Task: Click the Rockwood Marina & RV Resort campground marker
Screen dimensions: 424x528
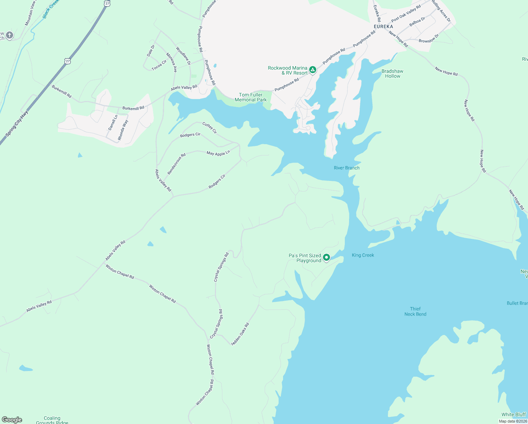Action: point(313,70)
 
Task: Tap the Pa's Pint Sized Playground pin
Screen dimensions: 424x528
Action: point(326,258)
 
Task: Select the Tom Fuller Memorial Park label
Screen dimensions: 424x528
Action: point(251,97)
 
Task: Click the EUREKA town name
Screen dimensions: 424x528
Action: point(383,26)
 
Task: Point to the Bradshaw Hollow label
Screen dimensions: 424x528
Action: point(392,73)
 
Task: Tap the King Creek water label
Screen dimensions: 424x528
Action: point(363,255)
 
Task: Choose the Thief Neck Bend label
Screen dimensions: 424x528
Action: point(415,311)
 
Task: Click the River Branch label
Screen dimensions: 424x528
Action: point(347,168)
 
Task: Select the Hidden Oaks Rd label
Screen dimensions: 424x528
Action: point(240,334)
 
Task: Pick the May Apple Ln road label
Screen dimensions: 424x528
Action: point(218,153)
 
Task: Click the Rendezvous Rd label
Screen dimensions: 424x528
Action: point(176,164)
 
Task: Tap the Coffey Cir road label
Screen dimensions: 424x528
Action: point(210,128)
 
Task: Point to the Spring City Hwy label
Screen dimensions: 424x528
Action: point(17,124)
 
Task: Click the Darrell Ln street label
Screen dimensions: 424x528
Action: point(113,123)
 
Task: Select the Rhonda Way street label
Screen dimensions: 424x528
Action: point(123,130)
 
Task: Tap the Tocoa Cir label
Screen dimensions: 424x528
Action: point(159,65)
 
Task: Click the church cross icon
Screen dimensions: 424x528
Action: point(10,35)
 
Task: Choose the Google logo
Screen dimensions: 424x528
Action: point(12,420)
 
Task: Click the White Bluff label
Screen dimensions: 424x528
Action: point(514,414)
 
